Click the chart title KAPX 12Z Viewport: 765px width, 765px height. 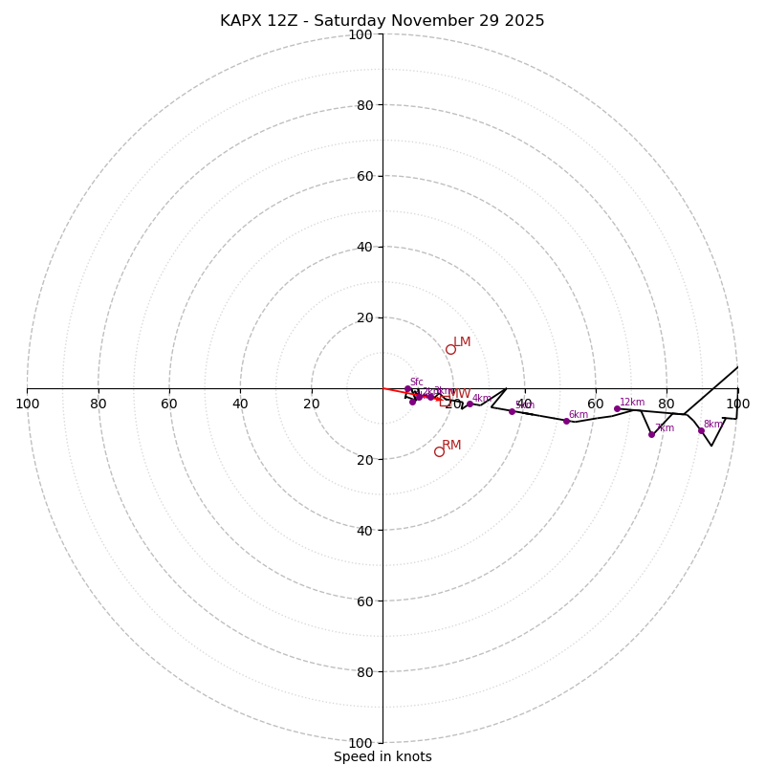coord(382,21)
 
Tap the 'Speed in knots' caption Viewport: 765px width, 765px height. coord(382,756)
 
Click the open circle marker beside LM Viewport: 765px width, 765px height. coord(450,349)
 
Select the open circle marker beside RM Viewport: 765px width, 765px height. coord(439,451)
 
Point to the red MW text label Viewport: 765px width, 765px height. coord(459,394)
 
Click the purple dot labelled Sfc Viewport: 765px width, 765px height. coord(407,389)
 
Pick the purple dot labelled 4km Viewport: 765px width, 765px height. coord(470,404)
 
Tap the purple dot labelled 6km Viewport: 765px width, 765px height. coord(566,421)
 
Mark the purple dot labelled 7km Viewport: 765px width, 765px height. coord(651,434)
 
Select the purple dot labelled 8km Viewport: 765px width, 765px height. coord(701,430)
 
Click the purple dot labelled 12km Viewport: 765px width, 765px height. coord(617,408)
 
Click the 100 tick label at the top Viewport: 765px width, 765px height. coord(360,34)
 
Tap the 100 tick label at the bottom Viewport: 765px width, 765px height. coord(360,743)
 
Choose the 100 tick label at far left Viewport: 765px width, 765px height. coord(27,404)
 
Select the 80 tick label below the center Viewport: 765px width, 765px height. coord(363,672)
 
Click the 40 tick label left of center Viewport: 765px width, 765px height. coord(240,404)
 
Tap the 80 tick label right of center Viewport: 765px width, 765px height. coord(667,404)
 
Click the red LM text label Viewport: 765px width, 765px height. coord(462,341)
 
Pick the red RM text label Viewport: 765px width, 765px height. coord(451,445)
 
